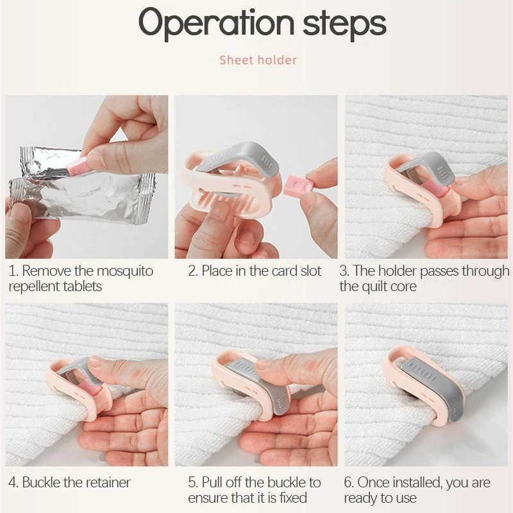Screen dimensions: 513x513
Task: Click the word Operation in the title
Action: click(x=217, y=24)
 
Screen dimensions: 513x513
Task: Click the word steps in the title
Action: click(x=344, y=25)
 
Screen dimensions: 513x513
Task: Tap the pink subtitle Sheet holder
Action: click(x=258, y=60)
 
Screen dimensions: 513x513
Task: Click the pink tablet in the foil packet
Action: click(x=77, y=166)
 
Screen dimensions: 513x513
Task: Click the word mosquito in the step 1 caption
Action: click(x=125, y=271)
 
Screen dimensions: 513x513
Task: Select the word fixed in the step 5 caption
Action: click(x=293, y=498)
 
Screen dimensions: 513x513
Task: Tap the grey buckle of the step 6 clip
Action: click(x=432, y=386)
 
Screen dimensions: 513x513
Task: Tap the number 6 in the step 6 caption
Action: click(x=348, y=482)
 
